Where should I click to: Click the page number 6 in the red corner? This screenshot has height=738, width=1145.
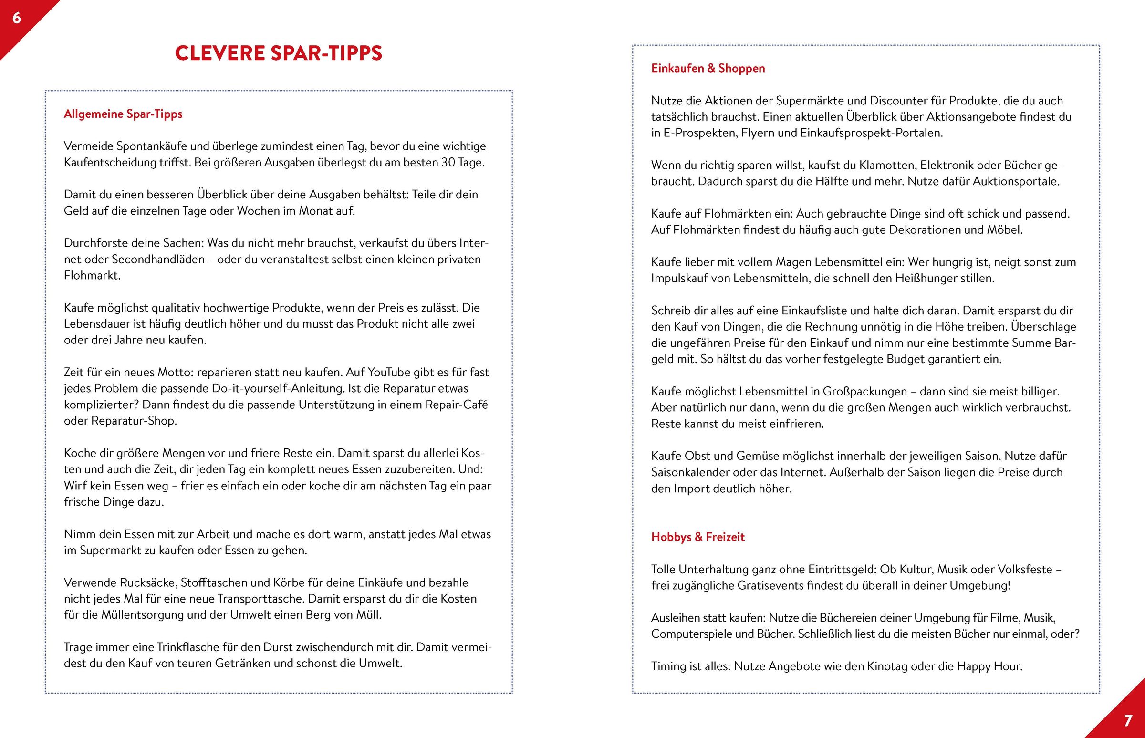point(17,18)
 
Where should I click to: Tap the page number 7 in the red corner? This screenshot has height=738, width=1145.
point(1128,720)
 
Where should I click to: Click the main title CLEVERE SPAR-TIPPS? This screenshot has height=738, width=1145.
point(279,53)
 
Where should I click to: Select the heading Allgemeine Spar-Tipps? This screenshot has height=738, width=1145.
point(123,114)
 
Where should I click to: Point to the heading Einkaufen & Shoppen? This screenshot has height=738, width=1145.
point(708,68)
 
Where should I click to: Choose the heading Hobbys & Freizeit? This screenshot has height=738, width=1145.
point(698,537)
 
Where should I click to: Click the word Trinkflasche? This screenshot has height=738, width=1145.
point(188,647)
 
